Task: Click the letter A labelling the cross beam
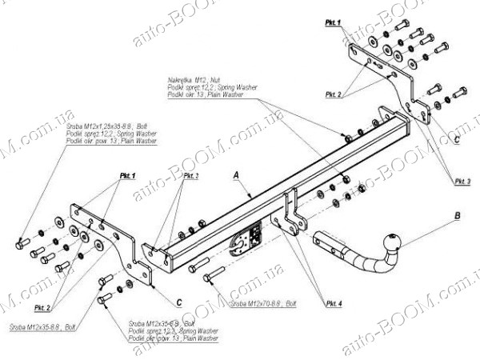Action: pyautogui.click(x=236, y=174)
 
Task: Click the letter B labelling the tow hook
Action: pyautogui.click(x=456, y=215)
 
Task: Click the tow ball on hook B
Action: pyautogui.click(x=394, y=241)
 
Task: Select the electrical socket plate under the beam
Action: pyautogui.click(x=246, y=239)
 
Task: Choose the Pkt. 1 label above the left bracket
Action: pyautogui.click(x=128, y=175)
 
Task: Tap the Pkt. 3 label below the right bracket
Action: pyautogui.click(x=462, y=182)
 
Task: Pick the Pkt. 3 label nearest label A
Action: pyautogui.click(x=190, y=175)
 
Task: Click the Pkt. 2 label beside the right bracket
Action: pyautogui.click(x=334, y=95)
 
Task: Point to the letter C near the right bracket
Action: pyautogui.click(x=456, y=139)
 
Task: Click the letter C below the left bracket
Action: pyautogui.click(x=179, y=302)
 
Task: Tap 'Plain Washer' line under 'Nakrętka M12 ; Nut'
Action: pyautogui.click(x=205, y=94)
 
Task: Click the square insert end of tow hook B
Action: pyautogui.click(x=327, y=240)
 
